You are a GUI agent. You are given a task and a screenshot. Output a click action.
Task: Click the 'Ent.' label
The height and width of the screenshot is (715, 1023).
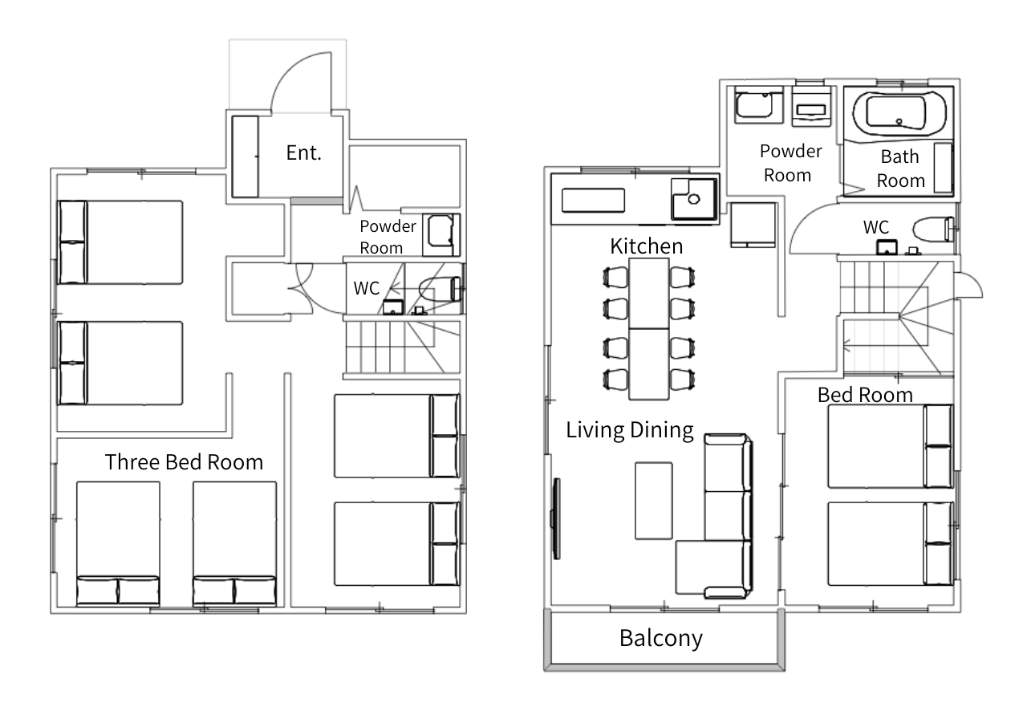click(304, 153)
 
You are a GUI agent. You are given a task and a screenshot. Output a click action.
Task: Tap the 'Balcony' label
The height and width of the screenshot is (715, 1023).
click(661, 638)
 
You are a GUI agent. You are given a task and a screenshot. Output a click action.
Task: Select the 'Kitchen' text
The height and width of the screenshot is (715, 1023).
click(646, 246)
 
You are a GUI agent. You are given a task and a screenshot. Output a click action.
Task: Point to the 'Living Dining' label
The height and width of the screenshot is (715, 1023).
click(630, 430)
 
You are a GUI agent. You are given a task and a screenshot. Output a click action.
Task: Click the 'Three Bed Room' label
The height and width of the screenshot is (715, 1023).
click(184, 462)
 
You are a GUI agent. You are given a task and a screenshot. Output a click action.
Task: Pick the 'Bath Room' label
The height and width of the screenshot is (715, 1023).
click(900, 169)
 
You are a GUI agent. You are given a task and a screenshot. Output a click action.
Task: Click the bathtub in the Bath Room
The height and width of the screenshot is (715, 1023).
click(899, 114)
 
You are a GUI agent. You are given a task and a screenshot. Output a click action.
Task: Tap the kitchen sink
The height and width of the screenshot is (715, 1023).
click(693, 199)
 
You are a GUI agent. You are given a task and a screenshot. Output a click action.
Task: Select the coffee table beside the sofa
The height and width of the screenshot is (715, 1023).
click(654, 501)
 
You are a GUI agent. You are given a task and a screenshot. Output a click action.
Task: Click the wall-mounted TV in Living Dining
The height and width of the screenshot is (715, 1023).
click(556, 518)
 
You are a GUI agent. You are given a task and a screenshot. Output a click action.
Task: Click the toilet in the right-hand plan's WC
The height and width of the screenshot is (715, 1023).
click(933, 229)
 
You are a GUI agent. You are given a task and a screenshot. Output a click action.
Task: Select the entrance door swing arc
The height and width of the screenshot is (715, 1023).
click(292, 68)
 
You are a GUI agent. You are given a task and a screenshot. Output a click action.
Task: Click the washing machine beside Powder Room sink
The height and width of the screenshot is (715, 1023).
click(810, 108)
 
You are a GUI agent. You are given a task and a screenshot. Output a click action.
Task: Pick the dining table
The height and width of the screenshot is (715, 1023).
click(649, 329)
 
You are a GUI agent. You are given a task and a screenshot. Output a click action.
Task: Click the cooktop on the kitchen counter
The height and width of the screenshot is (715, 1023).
click(593, 200)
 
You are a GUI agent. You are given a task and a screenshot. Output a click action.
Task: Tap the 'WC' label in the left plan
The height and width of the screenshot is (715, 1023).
click(366, 288)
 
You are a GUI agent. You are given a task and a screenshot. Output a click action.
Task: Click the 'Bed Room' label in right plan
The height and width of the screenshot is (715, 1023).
click(865, 395)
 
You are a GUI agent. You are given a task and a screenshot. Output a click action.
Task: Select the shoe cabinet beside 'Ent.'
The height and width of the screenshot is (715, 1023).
click(246, 156)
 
